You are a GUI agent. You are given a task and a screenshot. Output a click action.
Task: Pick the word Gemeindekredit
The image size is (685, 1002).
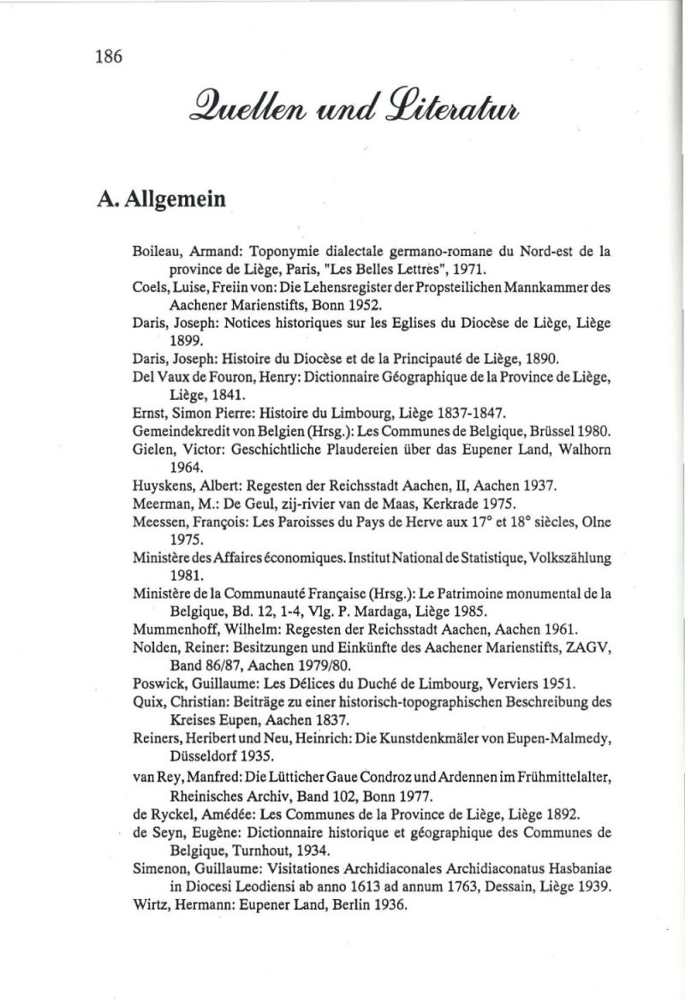tap(179, 429)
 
